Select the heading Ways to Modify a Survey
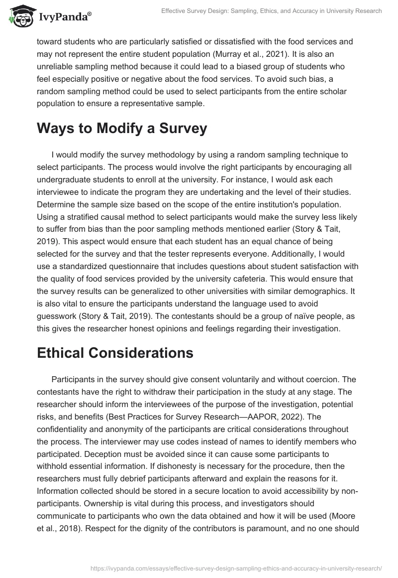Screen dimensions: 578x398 (x=122, y=128)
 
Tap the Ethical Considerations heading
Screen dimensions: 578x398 (x=115, y=353)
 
